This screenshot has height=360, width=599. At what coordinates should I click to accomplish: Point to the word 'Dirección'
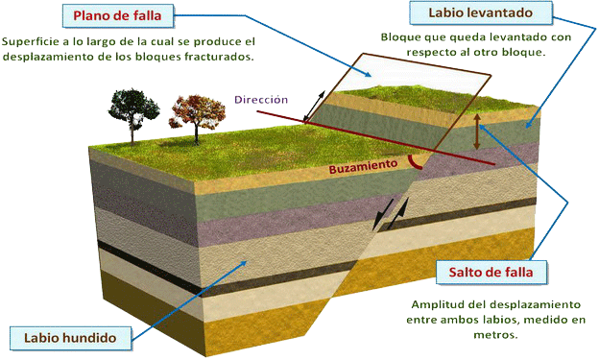[x=261, y=100]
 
